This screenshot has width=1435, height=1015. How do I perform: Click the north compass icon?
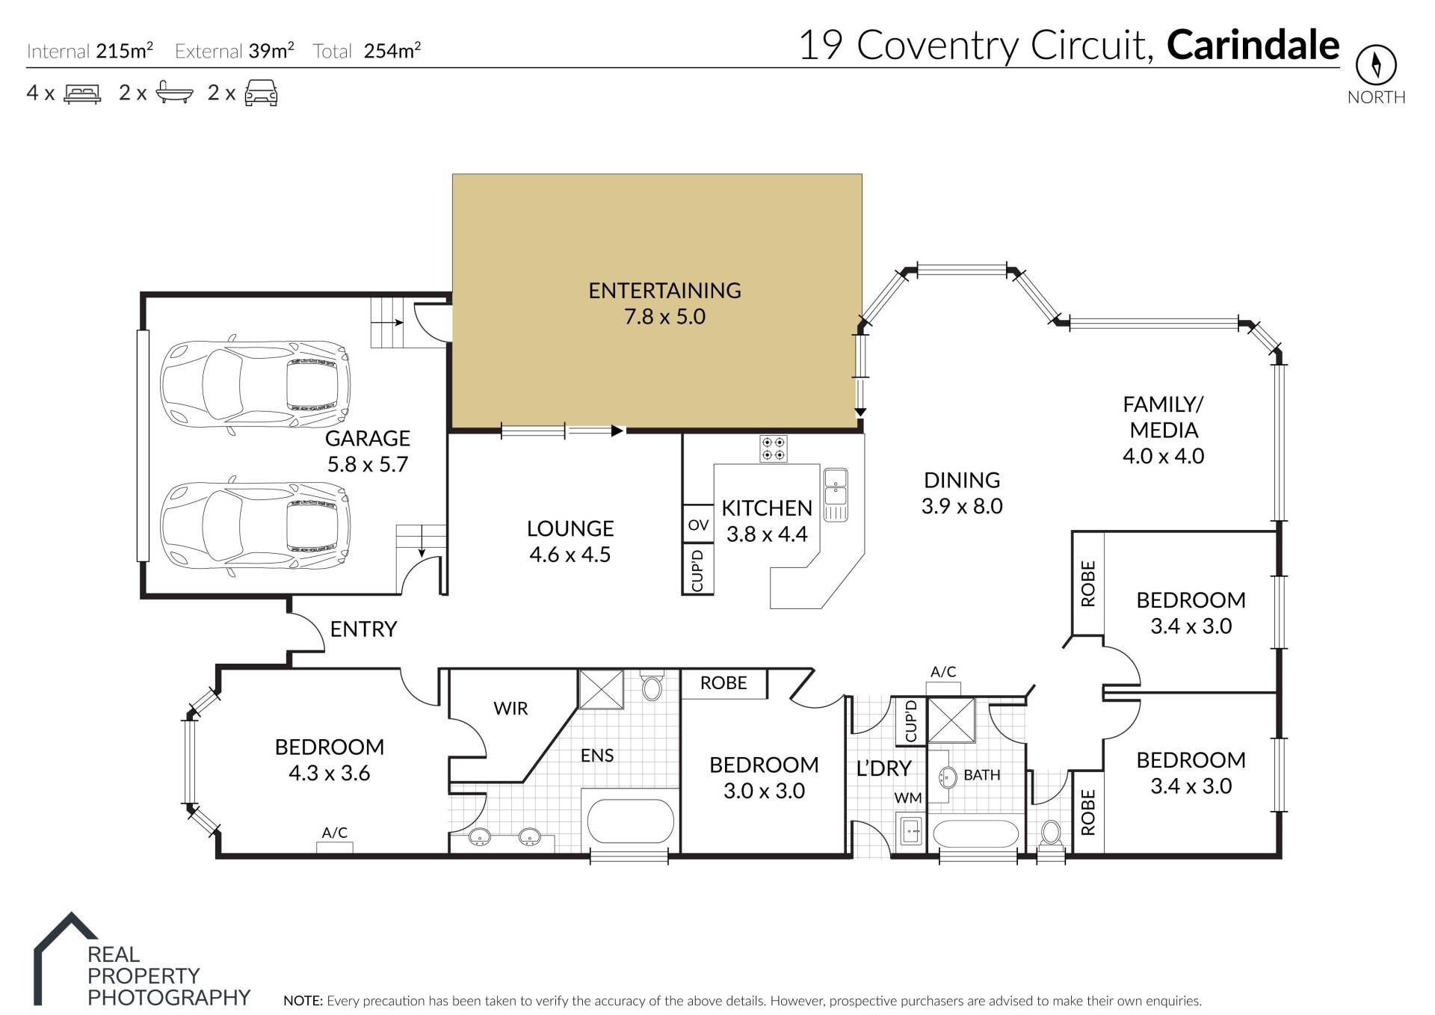click(x=1375, y=66)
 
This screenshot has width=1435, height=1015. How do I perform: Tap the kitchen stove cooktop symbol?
click(x=773, y=449)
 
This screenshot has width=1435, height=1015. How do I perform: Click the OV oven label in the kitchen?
click(x=698, y=525)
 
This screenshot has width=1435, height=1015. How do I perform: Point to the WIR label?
click(x=510, y=709)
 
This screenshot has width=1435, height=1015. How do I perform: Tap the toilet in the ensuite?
click(x=652, y=685)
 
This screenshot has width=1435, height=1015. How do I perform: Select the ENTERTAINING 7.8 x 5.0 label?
click(x=664, y=303)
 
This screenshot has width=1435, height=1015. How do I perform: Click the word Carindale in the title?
click(x=1253, y=45)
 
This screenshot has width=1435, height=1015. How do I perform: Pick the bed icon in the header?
click(x=82, y=93)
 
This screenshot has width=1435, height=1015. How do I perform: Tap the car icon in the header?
click(x=262, y=93)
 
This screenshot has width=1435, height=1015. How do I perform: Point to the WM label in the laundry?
click(x=908, y=798)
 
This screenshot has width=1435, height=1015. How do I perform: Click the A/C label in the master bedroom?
click(x=334, y=833)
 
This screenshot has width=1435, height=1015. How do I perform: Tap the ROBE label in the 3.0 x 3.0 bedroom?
click(x=723, y=682)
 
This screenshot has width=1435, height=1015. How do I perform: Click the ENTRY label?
click(x=363, y=629)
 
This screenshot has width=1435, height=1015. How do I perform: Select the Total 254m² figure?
click(x=366, y=51)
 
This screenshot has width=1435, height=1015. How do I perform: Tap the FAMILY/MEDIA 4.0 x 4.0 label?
click(x=1164, y=430)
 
